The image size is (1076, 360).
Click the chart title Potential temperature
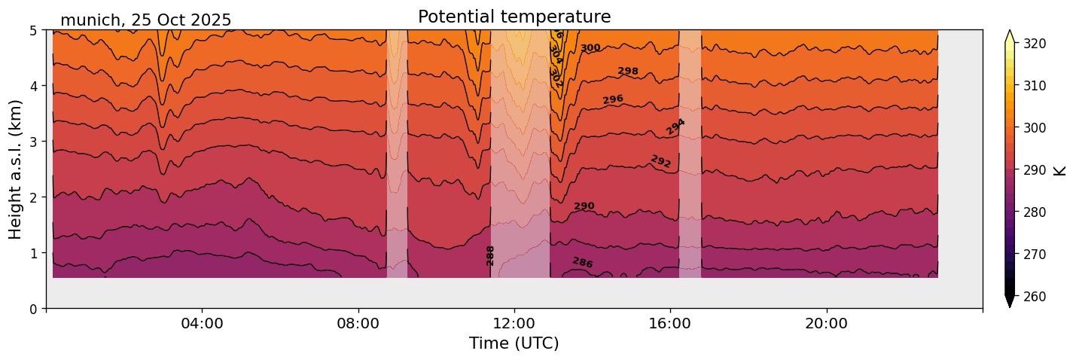(x=514, y=17)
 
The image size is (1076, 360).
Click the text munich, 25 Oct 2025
(x=145, y=20)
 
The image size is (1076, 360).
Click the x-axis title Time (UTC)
(x=514, y=344)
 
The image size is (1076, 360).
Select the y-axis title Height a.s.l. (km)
(x=16, y=169)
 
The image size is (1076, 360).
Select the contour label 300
(x=590, y=48)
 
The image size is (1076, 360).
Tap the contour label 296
(x=613, y=99)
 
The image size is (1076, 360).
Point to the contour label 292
(x=660, y=161)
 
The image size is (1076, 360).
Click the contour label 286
(x=582, y=263)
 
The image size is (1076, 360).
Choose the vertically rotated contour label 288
(x=490, y=255)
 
